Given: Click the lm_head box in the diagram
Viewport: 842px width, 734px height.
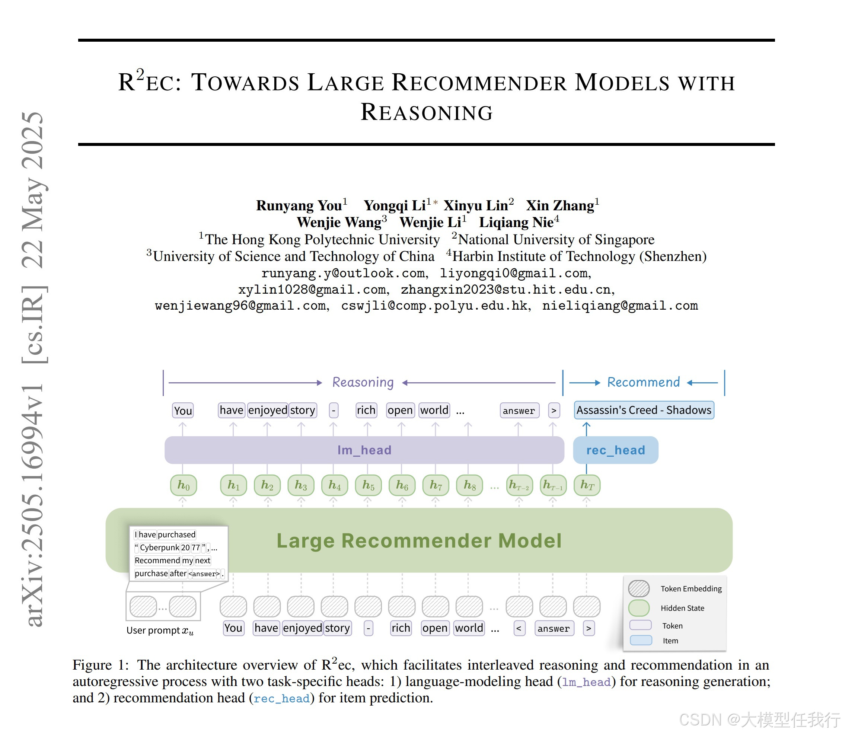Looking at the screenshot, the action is [x=364, y=450].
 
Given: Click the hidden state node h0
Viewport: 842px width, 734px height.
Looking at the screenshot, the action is [x=183, y=485].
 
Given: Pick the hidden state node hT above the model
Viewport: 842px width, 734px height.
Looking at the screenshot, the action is [x=586, y=485].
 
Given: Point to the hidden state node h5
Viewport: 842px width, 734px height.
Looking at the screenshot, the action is [x=368, y=485].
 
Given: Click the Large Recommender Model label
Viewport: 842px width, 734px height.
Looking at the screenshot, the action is [x=418, y=541].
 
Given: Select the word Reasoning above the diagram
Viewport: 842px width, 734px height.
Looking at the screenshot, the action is [x=363, y=382].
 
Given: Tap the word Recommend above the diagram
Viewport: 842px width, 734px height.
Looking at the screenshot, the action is [x=643, y=382].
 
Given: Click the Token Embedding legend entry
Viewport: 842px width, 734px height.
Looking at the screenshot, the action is [x=690, y=588].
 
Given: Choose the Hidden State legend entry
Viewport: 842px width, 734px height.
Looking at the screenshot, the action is [x=682, y=608].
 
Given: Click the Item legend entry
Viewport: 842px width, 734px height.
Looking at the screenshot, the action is [x=670, y=641].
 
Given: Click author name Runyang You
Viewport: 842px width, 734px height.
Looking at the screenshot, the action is [x=299, y=205].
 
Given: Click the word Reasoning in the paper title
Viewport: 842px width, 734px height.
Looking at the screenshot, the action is [x=426, y=112].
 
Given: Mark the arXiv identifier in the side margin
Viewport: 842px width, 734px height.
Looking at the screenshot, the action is [x=33, y=504].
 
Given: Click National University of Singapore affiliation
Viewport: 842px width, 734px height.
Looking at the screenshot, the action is [x=556, y=239].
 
